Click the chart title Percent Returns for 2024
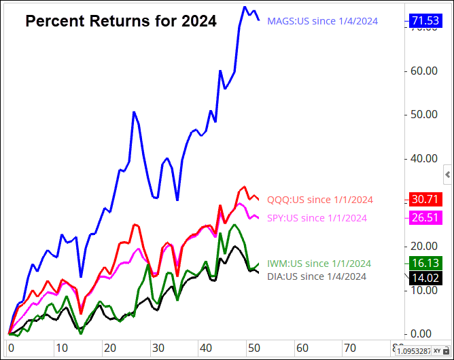tap(121, 22)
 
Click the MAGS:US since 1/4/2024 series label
tap(322, 21)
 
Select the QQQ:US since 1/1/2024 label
tap(320, 200)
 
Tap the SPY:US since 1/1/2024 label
tap(317, 218)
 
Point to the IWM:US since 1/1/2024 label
tap(319, 264)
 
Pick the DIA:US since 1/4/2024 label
tap(317, 276)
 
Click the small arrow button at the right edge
tap(447, 175)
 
